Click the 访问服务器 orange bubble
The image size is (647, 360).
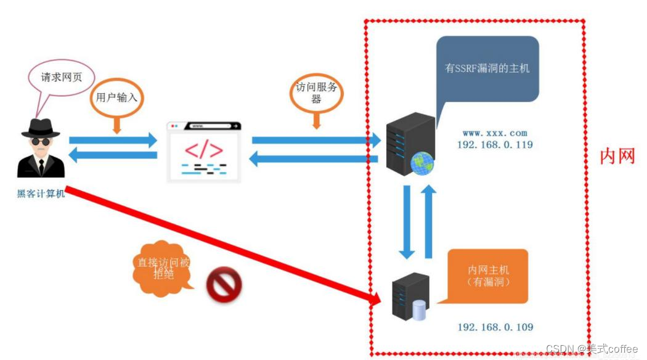point(315,94)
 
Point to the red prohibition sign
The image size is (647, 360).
point(224,285)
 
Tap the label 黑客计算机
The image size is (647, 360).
point(41,194)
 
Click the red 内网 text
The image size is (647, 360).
point(617,157)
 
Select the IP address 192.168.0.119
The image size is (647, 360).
point(495,145)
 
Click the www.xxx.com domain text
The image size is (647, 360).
point(495,133)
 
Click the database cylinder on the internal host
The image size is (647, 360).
point(419,310)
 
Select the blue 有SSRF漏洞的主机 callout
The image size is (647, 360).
point(487,68)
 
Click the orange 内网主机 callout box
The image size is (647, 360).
point(488,276)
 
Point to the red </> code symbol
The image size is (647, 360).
point(204,149)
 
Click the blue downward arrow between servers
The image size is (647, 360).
point(407,220)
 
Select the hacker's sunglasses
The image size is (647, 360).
point(41,141)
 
